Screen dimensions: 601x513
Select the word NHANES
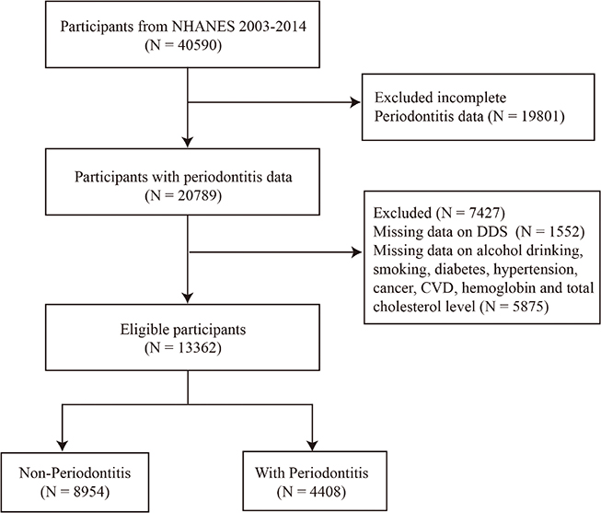click(203, 26)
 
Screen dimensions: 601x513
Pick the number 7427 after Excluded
click(482, 213)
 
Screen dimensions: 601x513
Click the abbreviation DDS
click(491, 231)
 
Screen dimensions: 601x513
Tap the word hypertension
click(535, 269)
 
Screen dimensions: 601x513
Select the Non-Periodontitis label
click(75, 472)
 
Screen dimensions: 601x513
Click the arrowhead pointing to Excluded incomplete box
click(355, 102)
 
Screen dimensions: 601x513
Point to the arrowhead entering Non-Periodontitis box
click(62, 446)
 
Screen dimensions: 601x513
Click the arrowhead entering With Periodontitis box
click(312, 446)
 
